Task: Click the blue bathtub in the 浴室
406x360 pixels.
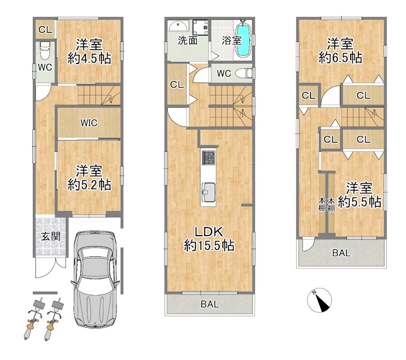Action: [x=244, y=40]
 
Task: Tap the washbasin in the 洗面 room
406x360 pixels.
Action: [x=179, y=26]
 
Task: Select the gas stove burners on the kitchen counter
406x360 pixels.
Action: [x=209, y=157]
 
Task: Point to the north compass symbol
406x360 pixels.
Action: [x=320, y=300]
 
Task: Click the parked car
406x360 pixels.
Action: [x=95, y=280]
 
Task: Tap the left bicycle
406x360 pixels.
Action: [x=33, y=319]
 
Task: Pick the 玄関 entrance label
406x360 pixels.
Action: [x=51, y=236]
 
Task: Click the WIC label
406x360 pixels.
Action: [x=88, y=122]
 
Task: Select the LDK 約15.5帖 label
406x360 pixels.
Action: [x=209, y=239]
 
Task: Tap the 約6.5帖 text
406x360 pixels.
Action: [x=340, y=58]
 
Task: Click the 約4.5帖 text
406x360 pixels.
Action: [x=89, y=58]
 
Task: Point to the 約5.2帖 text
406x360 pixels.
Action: [x=89, y=185]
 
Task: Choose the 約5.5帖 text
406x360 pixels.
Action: [x=359, y=202]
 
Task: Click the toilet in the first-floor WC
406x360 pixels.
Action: [x=45, y=51]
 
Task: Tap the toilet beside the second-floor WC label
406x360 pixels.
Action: [x=244, y=73]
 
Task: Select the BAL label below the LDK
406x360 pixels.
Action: [x=210, y=304]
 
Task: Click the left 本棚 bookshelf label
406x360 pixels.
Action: [x=322, y=204]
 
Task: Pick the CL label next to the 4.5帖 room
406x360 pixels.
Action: [x=45, y=30]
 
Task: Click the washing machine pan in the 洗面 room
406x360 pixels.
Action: [x=200, y=27]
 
